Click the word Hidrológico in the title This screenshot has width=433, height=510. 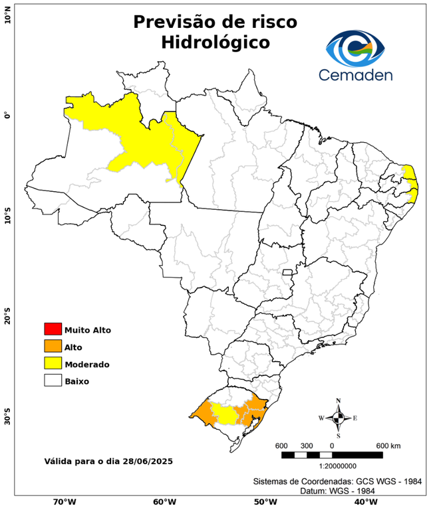(x=215, y=42)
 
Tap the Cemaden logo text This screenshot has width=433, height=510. (x=355, y=74)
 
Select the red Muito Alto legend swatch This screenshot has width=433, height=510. (x=53, y=329)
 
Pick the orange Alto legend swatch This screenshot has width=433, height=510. (x=53, y=347)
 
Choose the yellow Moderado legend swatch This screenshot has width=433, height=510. (x=53, y=364)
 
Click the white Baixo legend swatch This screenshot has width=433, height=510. (x=53, y=381)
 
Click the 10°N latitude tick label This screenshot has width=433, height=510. (x=7, y=16)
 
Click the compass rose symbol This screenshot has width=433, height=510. (x=338, y=418)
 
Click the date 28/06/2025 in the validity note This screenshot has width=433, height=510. (x=148, y=461)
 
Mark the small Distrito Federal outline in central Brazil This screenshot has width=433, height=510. (x=288, y=272)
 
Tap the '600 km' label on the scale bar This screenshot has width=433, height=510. (x=388, y=445)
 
